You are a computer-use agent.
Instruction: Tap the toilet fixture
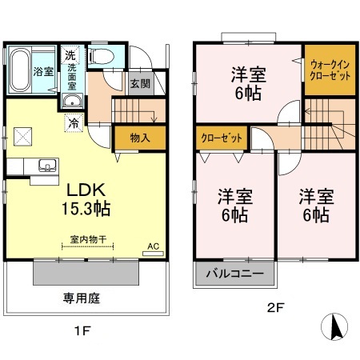tap(100, 57)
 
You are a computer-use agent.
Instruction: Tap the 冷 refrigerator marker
tap(73, 123)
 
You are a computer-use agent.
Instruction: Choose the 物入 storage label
tap(140, 138)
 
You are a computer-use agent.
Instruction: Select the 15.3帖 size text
tap(86, 210)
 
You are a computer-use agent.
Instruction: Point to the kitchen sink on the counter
tap(45, 166)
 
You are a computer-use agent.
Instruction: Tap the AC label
tap(154, 248)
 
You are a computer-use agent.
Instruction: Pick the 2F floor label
tap(273, 306)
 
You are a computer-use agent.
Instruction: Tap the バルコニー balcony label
tap(236, 274)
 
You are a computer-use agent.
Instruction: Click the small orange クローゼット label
tap(222, 138)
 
